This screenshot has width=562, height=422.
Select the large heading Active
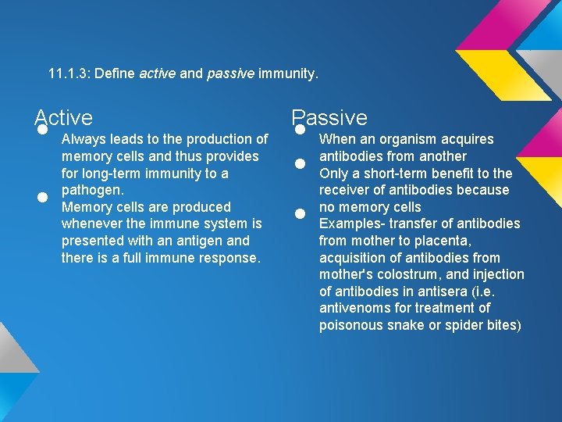[64, 118]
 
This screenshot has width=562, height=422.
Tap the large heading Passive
[329, 118]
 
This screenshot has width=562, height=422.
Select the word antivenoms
[356, 308]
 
